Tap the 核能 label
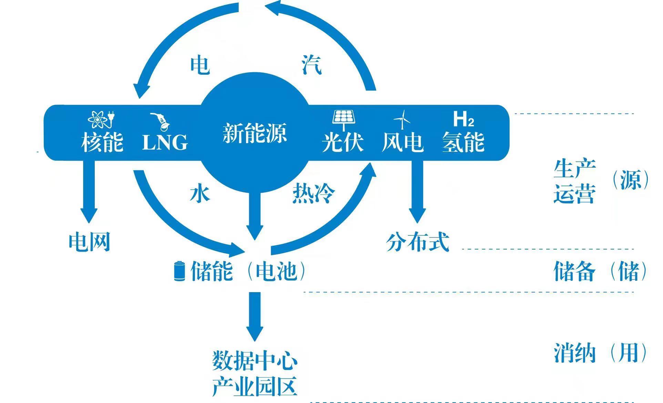pos(102,142)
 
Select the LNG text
pos(165,142)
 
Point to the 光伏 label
pos(343,142)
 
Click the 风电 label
pos(402,142)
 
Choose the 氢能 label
pos(463,142)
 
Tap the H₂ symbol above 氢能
pos(463,119)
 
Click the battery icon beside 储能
pos(179,271)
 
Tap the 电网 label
pos(89,242)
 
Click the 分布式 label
pos(417,242)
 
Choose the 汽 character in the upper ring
pos(312,64)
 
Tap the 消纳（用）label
pos(600,352)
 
